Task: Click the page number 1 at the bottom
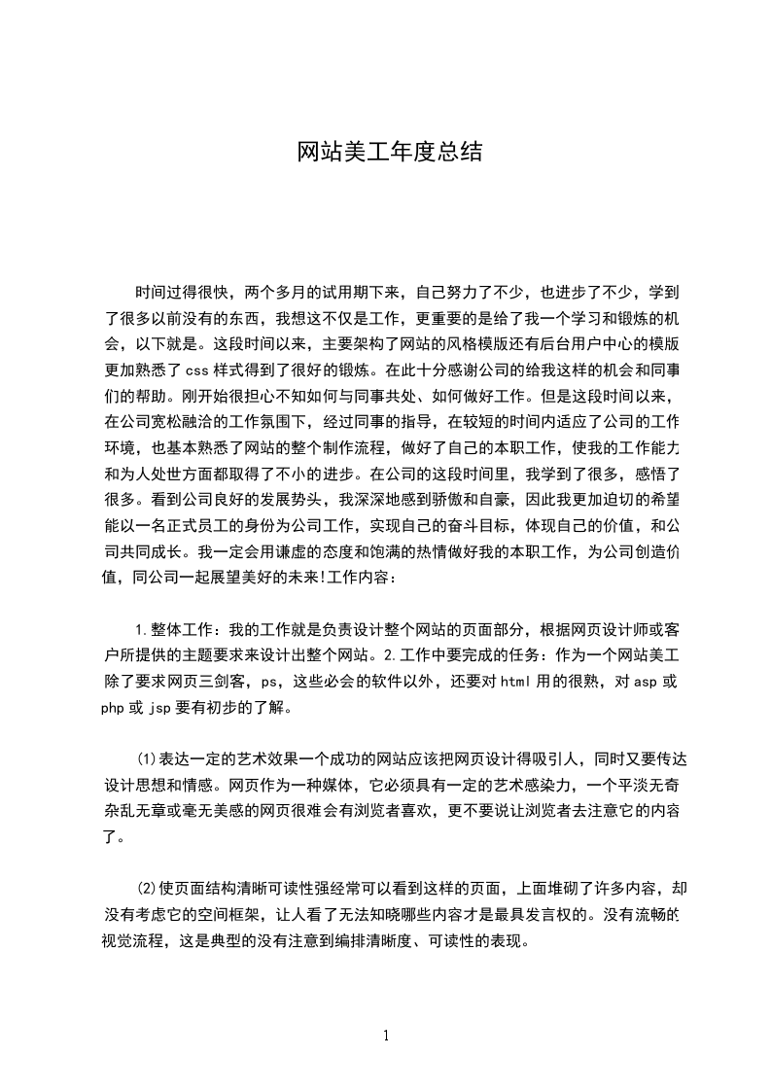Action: click(386, 1036)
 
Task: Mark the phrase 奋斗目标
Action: click(493, 527)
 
